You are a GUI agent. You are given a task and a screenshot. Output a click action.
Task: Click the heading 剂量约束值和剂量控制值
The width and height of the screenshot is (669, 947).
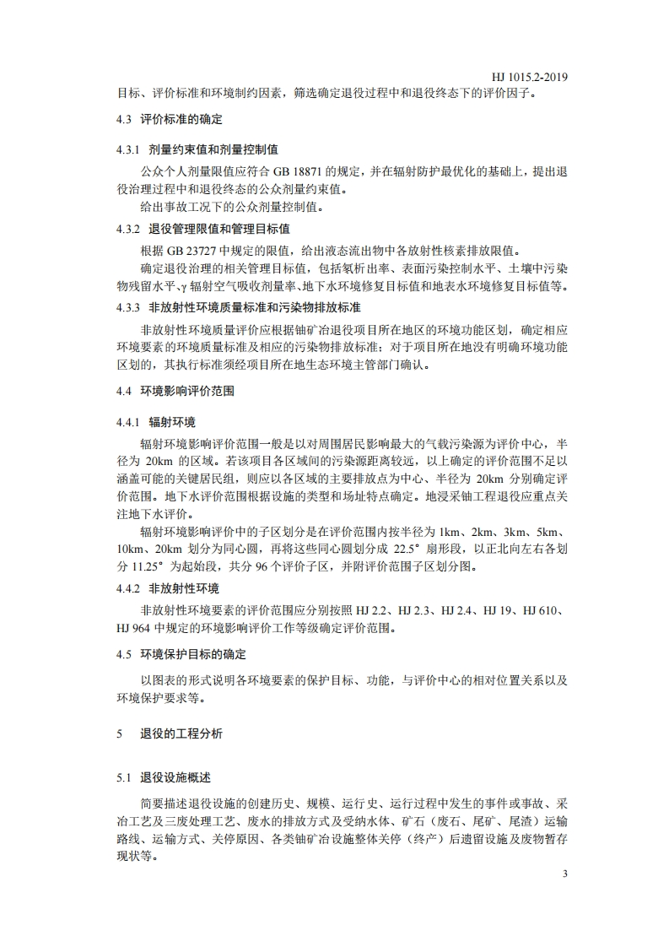pos(213,150)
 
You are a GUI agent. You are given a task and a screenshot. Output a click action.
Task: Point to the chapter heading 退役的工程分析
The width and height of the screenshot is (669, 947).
pos(181,734)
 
